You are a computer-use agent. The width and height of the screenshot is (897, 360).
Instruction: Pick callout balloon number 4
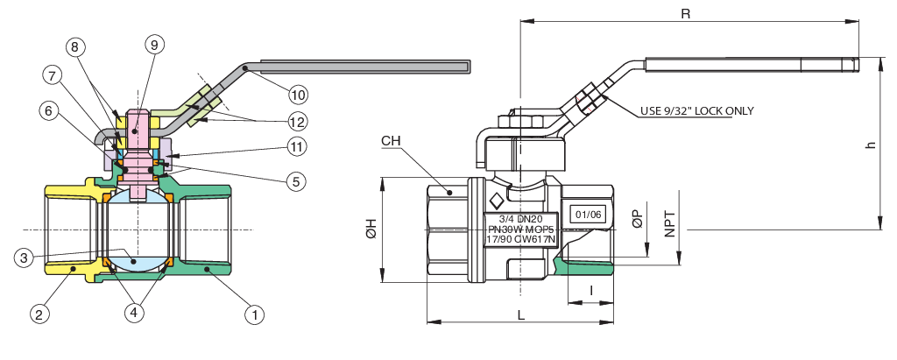(134, 312)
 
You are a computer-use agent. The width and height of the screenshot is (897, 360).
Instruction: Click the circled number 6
(50, 110)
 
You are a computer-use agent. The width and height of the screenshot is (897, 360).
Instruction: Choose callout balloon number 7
(54, 77)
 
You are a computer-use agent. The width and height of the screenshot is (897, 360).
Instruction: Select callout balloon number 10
(298, 93)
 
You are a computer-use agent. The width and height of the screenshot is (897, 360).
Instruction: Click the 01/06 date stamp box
(587, 214)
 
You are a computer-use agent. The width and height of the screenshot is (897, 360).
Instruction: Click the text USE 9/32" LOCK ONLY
(696, 110)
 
